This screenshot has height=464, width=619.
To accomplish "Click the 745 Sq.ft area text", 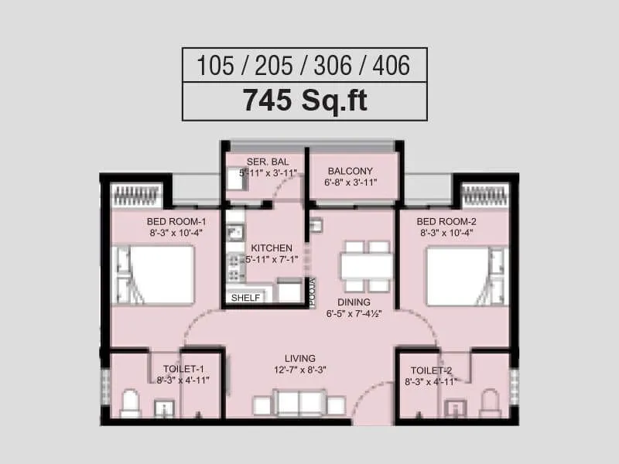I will click(x=304, y=101).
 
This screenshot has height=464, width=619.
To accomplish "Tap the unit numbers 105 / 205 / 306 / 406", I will click(x=304, y=65).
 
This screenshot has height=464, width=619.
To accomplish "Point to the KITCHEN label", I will click(x=271, y=248).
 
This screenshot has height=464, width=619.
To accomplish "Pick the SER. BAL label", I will click(x=262, y=162).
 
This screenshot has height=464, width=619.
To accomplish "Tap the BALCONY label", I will click(x=350, y=171).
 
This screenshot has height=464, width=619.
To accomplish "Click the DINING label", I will click(x=353, y=302).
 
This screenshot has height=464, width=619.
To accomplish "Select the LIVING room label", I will click(x=300, y=358).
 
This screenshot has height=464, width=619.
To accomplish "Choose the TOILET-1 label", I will click(x=183, y=370).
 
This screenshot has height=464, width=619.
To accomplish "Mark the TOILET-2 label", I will click(x=431, y=370).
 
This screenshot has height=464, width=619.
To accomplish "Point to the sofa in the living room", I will click(x=300, y=404).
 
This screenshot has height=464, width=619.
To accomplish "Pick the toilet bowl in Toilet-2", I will click(x=490, y=403).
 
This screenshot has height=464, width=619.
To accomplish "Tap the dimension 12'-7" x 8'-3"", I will click(x=300, y=370).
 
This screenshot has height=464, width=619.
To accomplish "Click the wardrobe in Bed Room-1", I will click(x=137, y=195).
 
